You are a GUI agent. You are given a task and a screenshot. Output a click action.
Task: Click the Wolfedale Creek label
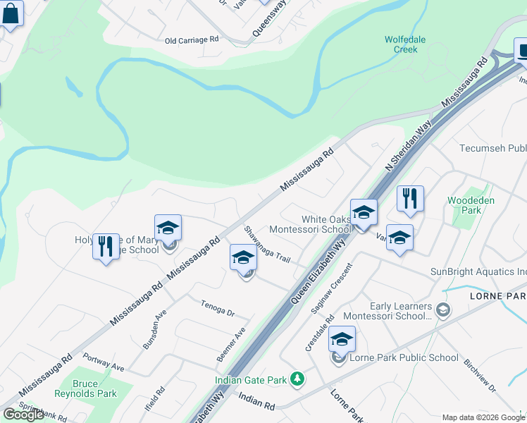coord(405,44)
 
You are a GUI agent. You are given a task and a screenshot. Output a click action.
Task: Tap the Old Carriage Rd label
coord(192,41)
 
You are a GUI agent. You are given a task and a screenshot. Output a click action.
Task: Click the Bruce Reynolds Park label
coord(95,388)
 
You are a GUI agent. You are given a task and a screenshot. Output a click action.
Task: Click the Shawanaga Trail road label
coord(267,245)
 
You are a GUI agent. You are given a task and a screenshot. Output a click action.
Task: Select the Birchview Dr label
coord(480,378)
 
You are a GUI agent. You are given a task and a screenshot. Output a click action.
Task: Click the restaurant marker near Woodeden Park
coord(409,199)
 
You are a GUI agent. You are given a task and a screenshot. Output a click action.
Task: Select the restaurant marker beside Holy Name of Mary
coord(106,247)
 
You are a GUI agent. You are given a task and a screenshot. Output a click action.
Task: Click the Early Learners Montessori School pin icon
coord(442,309)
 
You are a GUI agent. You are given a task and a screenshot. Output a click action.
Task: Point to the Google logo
coord(23,415)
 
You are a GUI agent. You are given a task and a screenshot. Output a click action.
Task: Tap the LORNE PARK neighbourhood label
coord(497,297)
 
